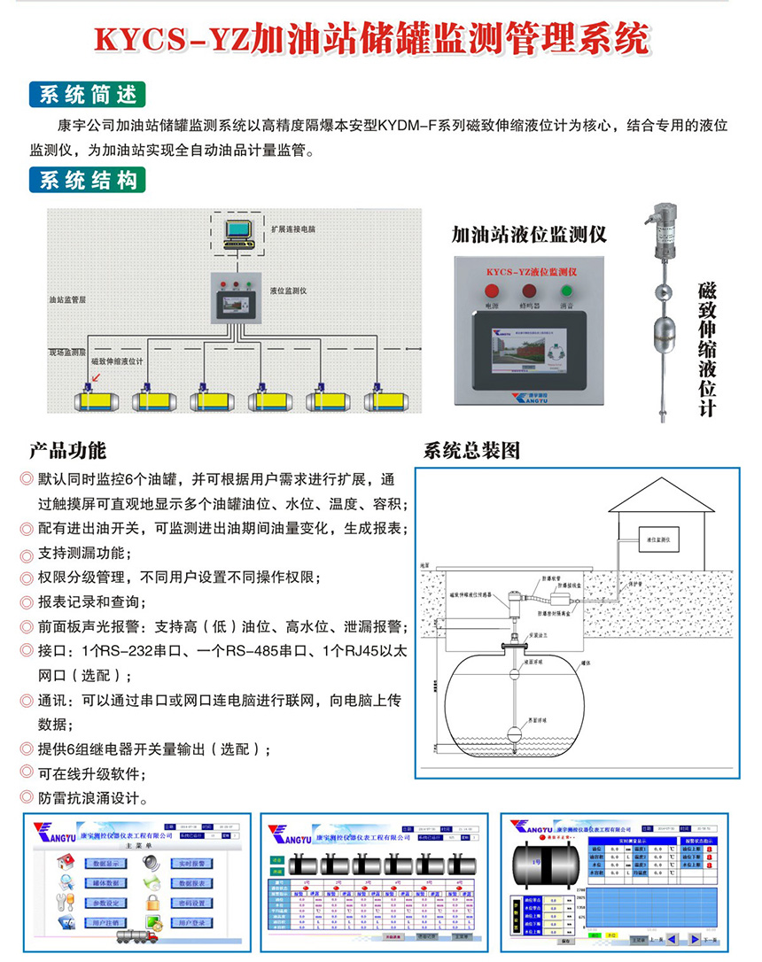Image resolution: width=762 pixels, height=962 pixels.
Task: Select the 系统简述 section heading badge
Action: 87,94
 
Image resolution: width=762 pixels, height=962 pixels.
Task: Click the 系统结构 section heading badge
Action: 87,181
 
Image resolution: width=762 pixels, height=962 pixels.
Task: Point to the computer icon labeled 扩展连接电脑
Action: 240,232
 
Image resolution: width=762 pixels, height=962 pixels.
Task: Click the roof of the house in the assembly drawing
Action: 660,496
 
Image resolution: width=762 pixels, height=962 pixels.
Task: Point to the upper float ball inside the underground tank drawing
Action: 513,674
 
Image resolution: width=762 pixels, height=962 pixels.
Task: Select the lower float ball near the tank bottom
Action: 513,734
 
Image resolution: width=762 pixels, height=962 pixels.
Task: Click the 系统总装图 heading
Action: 471,449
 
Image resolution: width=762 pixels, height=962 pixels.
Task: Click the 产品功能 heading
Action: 66,449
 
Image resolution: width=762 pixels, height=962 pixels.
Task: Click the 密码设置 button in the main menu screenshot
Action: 192,903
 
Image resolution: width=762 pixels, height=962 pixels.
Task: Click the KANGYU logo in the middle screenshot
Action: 289,834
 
